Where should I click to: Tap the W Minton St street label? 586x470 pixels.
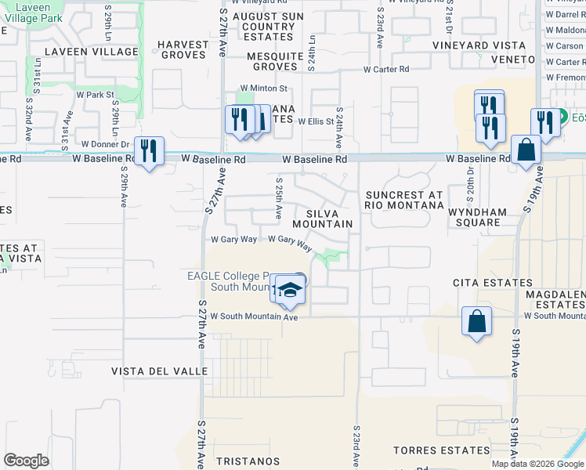pos(264,89)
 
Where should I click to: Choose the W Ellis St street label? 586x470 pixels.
pos(316,121)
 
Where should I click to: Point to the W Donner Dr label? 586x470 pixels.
pos(106,144)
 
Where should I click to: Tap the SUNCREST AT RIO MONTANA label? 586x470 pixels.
pos(403,200)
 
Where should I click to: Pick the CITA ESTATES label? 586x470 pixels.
pos(482,282)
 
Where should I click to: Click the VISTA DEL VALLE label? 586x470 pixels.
pos(160,371)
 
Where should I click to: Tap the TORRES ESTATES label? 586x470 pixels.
pos(443,450)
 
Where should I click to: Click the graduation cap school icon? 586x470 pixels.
pos(290,291)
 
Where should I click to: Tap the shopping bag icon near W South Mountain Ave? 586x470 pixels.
pos(477,321)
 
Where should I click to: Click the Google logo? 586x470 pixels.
pos(26,461)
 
